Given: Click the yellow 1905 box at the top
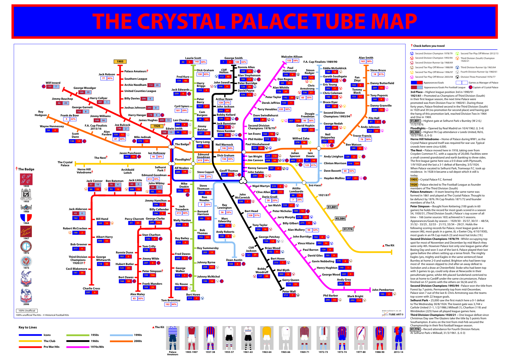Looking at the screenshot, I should click(x=120, y=62).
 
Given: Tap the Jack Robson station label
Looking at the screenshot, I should click(x=107, y=74).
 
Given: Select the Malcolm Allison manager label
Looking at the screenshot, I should click(x=291, y=57).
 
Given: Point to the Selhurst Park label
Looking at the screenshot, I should click(x=160, y=169).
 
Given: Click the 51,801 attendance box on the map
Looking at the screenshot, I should click(x=332, y=207).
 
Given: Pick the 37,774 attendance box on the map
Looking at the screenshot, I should click(x=348, y=229).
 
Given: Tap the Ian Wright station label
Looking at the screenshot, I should click(x=255, y=156).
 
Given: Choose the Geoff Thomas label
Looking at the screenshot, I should click(x=228, y=171).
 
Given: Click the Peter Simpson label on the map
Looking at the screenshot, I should click(x=152, y=271).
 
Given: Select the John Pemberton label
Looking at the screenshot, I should click(x=383, y=290).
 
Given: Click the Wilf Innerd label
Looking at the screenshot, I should click(x=53, y=83).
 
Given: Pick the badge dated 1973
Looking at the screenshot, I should click(x=26, y=262).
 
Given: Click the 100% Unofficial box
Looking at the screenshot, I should click(x=27, y=310).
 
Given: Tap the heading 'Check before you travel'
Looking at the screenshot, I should click(x=429, y=46).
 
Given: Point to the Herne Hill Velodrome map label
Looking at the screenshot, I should click(x=84, y=171).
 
